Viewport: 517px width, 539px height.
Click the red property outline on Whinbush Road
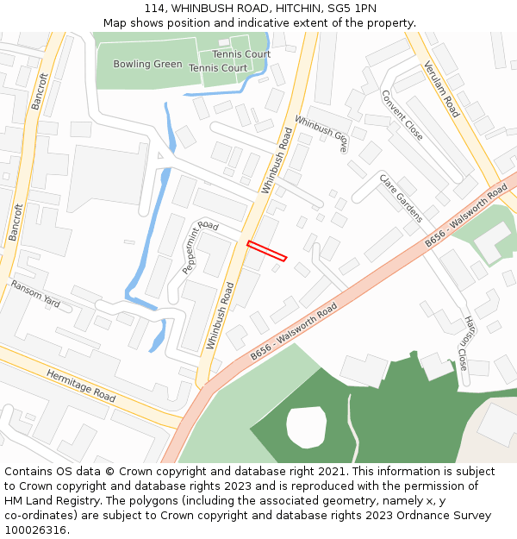click(266, 250)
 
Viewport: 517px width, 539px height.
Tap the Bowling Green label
click(147, 64)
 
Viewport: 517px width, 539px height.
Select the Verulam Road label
click(440, 89)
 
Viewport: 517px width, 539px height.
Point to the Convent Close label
click(402, 116)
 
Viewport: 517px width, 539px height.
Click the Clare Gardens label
click(401, 197)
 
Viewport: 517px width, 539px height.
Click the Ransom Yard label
click(34, 295)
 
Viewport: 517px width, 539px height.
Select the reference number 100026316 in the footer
click(35, 530)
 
